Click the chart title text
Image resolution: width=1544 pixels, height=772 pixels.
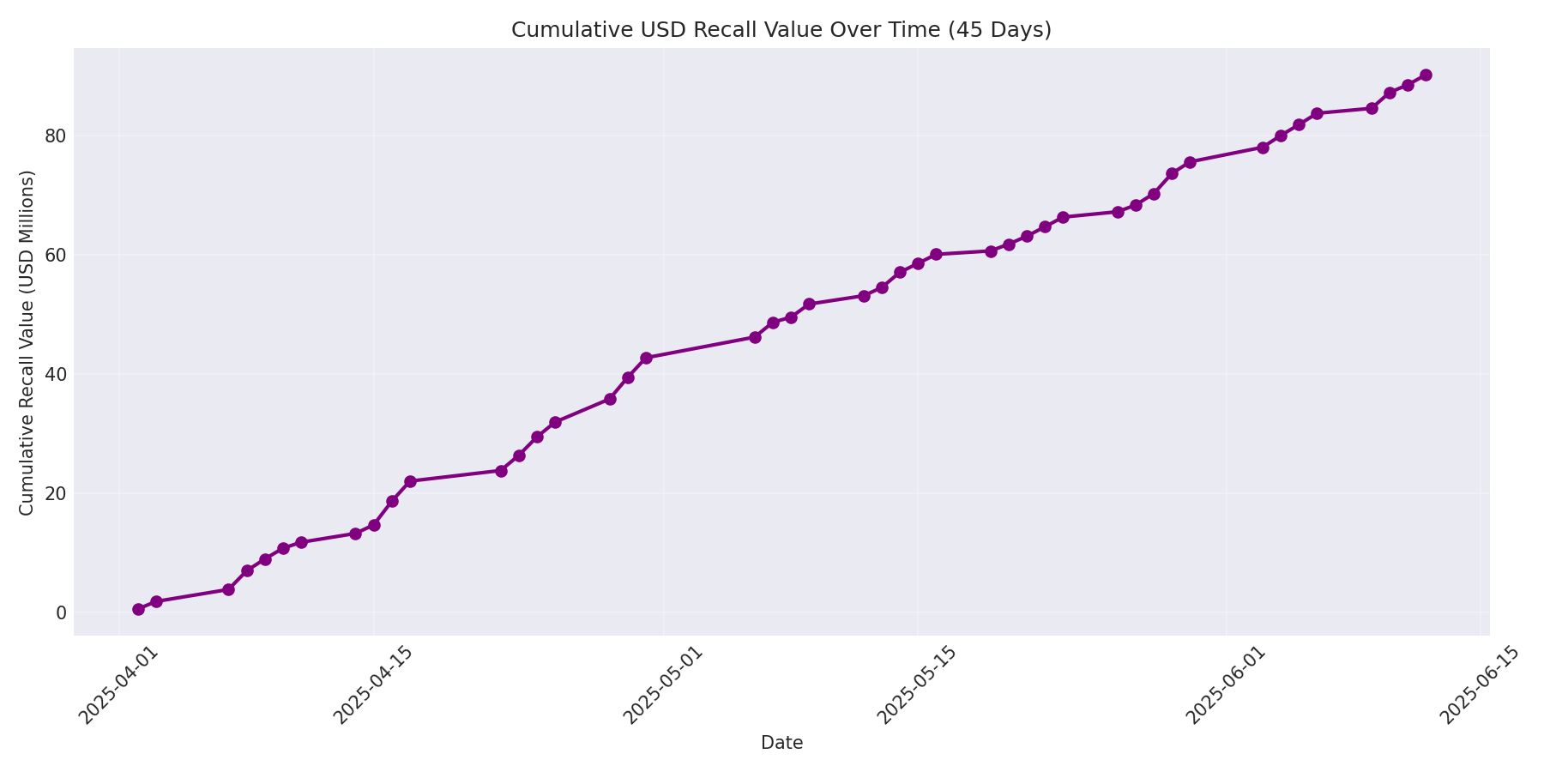(781, 30)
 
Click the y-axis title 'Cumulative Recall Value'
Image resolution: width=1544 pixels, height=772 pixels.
(27, 343)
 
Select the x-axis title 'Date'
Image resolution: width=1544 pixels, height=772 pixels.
(781, 744)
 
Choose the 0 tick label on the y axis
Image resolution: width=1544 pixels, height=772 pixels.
(61, 612)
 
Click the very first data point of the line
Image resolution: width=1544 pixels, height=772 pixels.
(138, 609)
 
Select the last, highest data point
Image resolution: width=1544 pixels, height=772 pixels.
(1426, 75)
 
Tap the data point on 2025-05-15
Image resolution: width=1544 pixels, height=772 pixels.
(918, 263)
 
